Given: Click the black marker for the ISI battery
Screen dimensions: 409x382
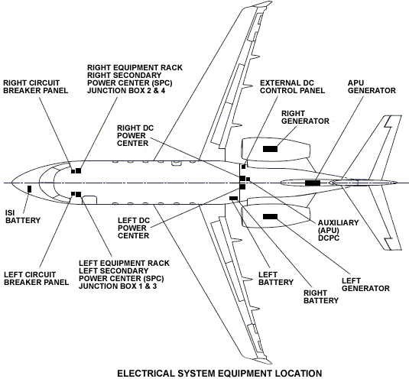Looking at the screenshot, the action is (29, 189).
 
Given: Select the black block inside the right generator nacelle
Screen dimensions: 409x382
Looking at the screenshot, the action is (270, 149).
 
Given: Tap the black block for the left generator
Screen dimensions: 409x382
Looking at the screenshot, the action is (270, 217).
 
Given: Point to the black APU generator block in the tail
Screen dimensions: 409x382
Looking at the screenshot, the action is (313, 183).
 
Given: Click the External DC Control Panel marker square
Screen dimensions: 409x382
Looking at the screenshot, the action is (244, 167).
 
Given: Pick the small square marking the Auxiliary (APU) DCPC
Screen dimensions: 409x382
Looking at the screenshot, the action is (248, 179).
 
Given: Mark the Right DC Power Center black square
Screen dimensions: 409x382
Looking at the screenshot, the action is (242, 179).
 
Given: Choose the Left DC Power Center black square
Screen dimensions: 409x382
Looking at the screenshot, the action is (242, 186).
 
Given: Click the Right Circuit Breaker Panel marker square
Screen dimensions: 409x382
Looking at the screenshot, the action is (73, 171).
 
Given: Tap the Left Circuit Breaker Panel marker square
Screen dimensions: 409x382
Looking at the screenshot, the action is (73, 194).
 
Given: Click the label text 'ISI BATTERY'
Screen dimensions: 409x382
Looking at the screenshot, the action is (23, 216).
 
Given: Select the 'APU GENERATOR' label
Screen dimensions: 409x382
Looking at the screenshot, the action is (372, 87).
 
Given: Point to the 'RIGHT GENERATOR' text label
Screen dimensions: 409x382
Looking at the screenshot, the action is (305, 118).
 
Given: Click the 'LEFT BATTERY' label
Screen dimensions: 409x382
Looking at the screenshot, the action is (276, 279).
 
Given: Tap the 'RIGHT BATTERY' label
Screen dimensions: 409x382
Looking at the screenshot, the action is (321, 296).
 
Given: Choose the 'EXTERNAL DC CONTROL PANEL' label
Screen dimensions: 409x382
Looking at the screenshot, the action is (292, 87).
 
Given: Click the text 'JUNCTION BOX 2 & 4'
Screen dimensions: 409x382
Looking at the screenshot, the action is (126, 91).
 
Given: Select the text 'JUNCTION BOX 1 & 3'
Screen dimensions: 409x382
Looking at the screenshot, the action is (118, 286).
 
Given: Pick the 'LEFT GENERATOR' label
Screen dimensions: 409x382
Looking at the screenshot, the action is (365, 284).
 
